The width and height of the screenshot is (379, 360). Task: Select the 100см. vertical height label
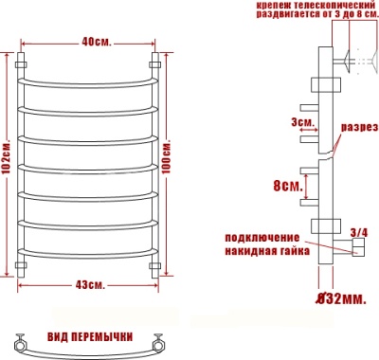170,160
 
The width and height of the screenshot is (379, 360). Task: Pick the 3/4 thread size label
358,231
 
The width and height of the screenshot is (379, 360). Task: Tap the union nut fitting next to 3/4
357,248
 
